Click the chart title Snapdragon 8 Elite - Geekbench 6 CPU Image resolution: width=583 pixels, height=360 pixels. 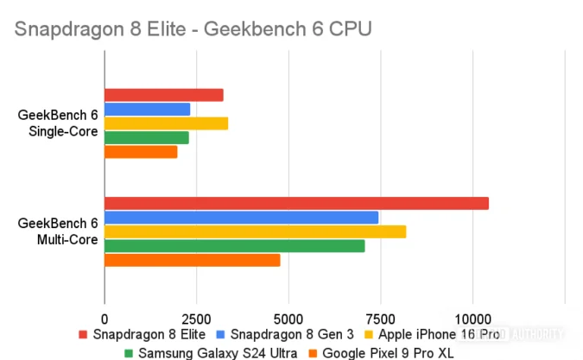pos(193,29)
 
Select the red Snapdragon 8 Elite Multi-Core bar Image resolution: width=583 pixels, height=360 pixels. pos(296,203)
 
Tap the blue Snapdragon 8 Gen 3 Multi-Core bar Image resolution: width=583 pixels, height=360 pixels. pos(241,218)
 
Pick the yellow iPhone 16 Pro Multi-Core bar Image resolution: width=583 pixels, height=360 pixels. pos(255,231)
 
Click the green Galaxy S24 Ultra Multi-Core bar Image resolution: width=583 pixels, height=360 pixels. pos(234,246)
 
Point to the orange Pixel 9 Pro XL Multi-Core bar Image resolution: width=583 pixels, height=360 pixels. pos(192,260)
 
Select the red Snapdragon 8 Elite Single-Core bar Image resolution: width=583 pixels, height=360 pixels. pos(163,95)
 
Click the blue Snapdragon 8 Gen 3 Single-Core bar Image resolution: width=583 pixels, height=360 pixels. pos(147,109)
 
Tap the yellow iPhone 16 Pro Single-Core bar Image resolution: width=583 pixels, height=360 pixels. pos(166,123)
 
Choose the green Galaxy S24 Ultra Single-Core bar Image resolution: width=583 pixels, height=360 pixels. pos(146,137)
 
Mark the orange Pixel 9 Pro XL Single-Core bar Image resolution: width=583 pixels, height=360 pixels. pos(141,152)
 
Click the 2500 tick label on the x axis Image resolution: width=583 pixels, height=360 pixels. pos(196,316)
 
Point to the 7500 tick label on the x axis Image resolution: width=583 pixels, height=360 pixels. pos(380,316)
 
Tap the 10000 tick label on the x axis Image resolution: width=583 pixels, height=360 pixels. pos(472,316)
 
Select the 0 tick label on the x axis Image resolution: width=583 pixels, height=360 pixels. pos(105,316)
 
